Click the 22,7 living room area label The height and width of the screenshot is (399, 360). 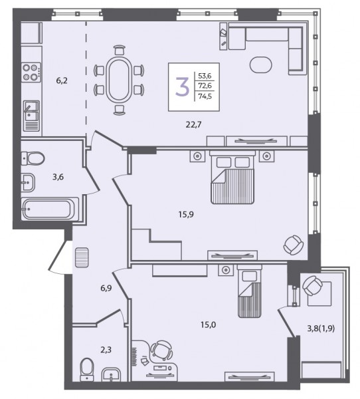194,125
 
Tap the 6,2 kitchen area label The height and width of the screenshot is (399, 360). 62,81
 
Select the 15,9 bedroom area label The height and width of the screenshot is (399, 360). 186,215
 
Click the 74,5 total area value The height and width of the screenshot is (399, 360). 205,96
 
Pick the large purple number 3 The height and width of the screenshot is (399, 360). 182,86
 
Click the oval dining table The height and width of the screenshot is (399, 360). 119,80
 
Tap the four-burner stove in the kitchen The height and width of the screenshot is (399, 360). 31,72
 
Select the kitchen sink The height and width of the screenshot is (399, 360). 31,116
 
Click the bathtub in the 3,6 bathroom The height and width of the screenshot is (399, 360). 50,209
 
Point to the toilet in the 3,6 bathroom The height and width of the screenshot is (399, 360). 33,158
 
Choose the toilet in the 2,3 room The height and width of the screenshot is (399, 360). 87,369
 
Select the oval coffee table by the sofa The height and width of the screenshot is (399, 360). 261,65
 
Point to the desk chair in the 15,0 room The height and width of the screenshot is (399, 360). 161,350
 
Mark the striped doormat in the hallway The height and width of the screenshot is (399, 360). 82,257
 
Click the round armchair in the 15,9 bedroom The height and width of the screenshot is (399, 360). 294,245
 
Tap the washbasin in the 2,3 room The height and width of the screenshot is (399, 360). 111,374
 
